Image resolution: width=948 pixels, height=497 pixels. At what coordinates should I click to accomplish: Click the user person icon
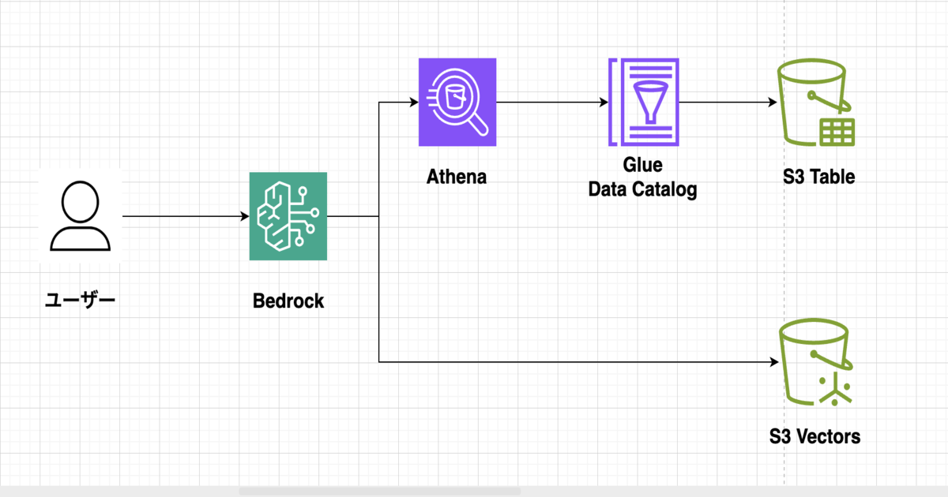81,215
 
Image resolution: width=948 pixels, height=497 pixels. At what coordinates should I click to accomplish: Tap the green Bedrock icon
288,215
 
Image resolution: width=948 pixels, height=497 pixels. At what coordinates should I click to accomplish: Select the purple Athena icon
457,102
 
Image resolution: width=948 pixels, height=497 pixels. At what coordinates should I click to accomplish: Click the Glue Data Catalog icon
643,102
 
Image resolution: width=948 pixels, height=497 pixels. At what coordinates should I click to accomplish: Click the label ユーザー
80,300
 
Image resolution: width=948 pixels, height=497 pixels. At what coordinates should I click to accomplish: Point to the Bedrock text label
288,301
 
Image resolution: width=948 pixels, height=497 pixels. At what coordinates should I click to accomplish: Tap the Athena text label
457,177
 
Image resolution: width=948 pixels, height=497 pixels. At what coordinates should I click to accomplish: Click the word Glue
642,166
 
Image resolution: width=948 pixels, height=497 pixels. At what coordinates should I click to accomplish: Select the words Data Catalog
642,189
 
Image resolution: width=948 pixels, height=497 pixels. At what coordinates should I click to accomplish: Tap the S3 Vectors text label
814,435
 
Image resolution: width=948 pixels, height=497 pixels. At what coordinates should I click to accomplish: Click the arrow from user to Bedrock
182,215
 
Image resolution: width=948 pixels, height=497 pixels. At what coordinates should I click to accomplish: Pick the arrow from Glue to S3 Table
725,103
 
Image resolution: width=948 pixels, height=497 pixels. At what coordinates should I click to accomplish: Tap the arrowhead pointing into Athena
412,103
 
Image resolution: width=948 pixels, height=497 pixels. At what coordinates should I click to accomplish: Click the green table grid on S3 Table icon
836,131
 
